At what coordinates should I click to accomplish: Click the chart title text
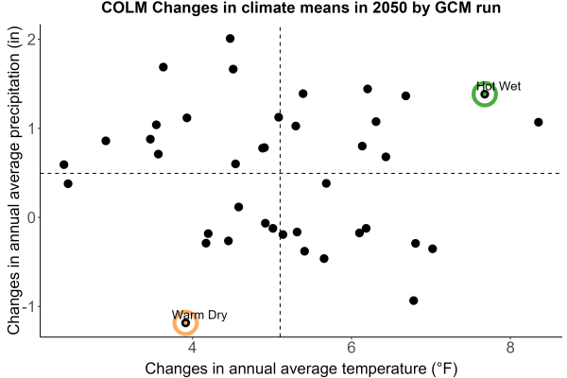click(x=301, y=8)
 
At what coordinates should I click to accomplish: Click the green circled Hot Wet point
click(x=485, y=94)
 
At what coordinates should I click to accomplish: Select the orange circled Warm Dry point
click(x=185, y=322)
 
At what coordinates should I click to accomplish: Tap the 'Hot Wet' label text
click(x=499, y=86)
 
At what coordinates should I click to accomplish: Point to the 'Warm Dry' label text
click(x=199, y=315)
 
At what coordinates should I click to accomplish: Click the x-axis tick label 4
click(x=193, y=348)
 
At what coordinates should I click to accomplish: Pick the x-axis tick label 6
click(x=352, y=348)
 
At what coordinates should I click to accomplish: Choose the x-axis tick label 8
click(x=510, y=348)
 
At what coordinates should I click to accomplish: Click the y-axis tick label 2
click(x=32, y=39)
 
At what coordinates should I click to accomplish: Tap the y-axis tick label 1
click(x=32, y=129)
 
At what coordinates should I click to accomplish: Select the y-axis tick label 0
click(x=32, y=217)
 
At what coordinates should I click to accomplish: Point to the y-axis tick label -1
click(x=29, y=307)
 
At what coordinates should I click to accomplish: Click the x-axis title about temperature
click(x=301, y=369)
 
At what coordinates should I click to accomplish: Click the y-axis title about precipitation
click(x=14, y=180)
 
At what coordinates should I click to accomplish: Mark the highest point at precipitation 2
click(x=230, y=39)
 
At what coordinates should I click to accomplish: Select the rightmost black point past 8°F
click(x=538, y=122)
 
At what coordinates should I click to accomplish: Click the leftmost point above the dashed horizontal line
click(x=63, y=165)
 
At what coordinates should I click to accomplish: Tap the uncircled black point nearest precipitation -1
click(x=414, y=301)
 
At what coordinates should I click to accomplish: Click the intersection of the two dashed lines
click(x=281, y=174)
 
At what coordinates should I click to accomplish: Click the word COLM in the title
click(x=124, y=8)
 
